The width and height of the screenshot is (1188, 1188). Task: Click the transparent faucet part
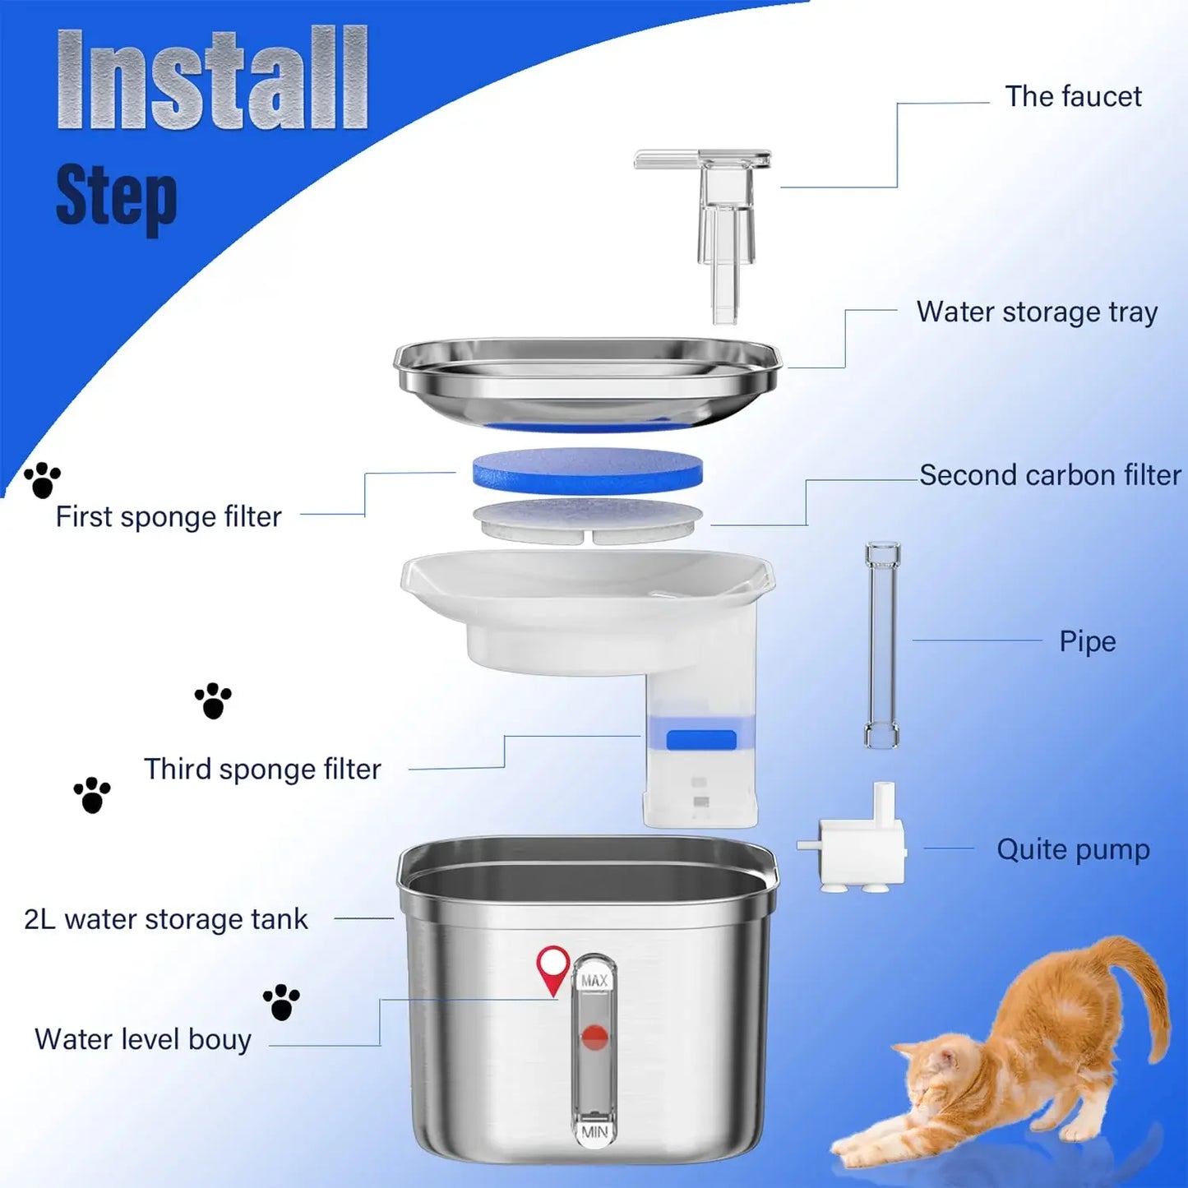click(x=723, y=222)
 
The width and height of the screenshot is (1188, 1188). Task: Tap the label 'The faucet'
click(x=1072, y=97)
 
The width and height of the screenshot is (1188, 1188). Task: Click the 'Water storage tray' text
click(x=1036, y=312)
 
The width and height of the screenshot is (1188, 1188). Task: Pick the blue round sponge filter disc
click(x=587, y=470)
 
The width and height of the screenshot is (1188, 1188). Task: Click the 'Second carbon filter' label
click(x=1049, y=475)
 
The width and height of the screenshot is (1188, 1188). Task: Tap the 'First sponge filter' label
click(x=169, y=517)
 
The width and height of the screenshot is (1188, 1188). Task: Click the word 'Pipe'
click(x=1087, y=641)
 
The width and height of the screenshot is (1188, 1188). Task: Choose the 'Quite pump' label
click(x=1072, y=849)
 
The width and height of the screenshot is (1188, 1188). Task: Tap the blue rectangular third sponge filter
click(x=700, y=740)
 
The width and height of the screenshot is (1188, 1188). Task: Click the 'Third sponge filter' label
click(x=262, y=770)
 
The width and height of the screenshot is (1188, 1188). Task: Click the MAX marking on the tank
click(x=594, y=981)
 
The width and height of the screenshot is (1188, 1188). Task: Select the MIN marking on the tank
click(x=594, y=1132)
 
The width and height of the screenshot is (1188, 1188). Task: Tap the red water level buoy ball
click(x=594, y=1037)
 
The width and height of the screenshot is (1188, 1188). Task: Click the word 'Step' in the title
click(x=116, y=196)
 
